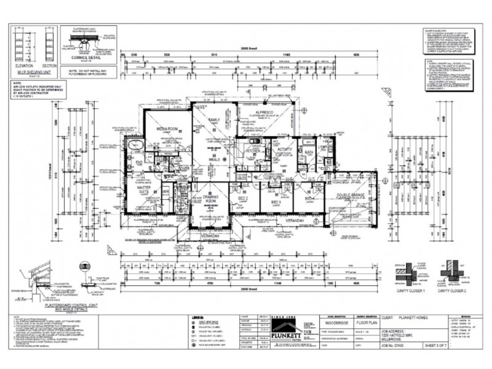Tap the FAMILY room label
tap(214, 120)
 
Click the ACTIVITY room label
tap(284, 149)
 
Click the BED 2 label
tap(242, 199)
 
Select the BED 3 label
tap(276, 201)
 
